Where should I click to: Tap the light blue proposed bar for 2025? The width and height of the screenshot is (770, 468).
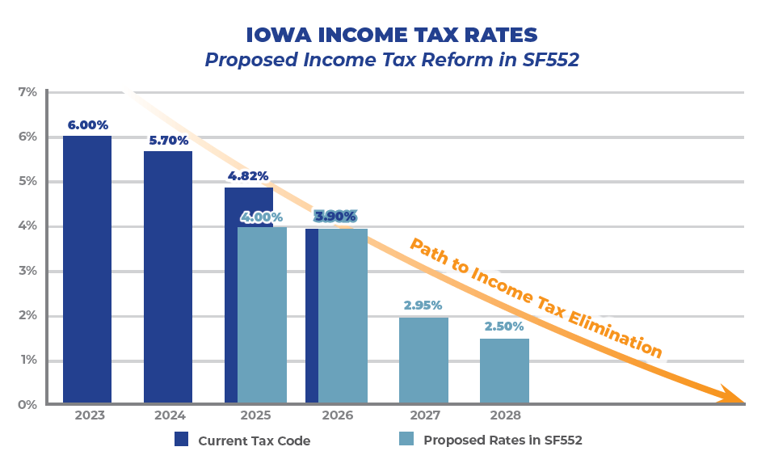click(x=262, y=315)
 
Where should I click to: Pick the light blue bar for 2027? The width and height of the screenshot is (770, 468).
click(x=423, y=360)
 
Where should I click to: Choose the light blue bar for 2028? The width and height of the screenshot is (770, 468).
click(x=504, y=371)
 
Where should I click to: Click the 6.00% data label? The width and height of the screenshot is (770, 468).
click(x=87, y=125)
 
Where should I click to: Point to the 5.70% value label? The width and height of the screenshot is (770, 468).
click(x=168, y=141)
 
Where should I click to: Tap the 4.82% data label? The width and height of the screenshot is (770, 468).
click(x=248, y=176)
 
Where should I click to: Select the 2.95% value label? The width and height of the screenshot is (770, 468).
click(x=423, y=306)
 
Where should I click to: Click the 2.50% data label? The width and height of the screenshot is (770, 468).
click(x=504, y=327)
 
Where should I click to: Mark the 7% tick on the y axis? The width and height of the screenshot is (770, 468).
click(x=27, y=92)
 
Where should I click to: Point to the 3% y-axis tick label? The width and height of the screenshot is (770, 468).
click(x=27, y=271)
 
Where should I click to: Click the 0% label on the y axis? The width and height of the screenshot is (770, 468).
click(x=27, y=404)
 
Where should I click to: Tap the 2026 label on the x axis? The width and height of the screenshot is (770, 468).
click(x=337, y=415)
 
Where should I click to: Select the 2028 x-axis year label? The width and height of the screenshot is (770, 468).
click(x=504, y=415)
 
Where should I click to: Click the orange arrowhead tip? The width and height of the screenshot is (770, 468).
click(x=742, y=399)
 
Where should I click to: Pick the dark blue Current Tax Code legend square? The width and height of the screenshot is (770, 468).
click(x=181, y=440)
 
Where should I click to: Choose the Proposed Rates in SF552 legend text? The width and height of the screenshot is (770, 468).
click(x=503, y=441)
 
